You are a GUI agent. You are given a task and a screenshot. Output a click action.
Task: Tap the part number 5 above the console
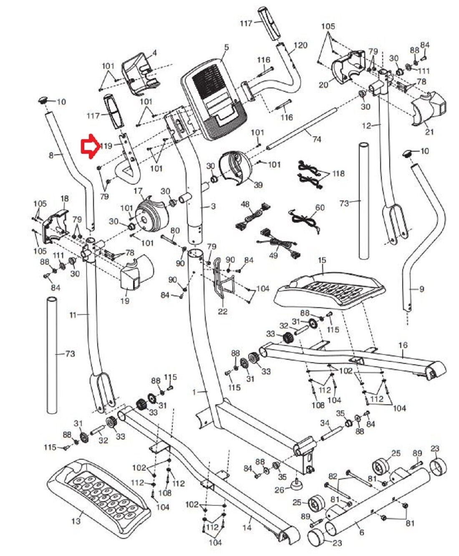[x=226, y=48]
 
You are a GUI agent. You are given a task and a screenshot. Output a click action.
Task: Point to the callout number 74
[x=317, y=139]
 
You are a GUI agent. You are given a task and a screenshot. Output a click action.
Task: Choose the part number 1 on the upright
[x=194, y=392]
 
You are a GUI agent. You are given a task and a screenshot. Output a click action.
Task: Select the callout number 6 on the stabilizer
[x=361, y=532]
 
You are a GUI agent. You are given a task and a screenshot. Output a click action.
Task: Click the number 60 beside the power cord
[x=320, y=208]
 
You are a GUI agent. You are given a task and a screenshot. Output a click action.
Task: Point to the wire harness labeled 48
[x=250, y=217]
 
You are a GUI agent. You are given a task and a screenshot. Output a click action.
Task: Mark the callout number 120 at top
[x=300, y=45]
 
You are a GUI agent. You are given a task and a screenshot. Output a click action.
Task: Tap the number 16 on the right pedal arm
[x=403, y=346]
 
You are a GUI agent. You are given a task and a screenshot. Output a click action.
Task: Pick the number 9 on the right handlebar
[x=421, y=288]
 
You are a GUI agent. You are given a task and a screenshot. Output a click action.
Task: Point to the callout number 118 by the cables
[x=339, y=173]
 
